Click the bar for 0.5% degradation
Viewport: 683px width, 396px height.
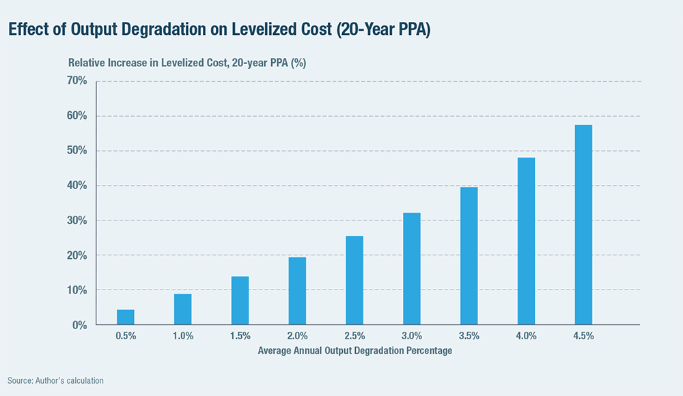coord(125,317)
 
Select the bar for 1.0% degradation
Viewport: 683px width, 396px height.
coord(182,309)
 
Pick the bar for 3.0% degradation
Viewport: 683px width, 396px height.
coord(411,269)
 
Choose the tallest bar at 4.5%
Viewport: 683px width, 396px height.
coord(583,225)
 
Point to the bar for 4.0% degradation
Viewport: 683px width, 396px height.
coord(526,241)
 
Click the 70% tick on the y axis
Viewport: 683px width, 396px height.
coord(76,81)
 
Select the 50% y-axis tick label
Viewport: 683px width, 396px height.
coord(76,151)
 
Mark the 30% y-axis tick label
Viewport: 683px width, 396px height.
coord(76,221)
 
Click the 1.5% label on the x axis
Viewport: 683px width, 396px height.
coord(240,336)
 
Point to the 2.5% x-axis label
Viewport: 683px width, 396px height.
coord(354,336)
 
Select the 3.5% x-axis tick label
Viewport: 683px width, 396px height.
coord(469,336)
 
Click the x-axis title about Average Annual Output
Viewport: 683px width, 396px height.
coord(355,351)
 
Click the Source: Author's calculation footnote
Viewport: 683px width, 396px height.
coord(56,380)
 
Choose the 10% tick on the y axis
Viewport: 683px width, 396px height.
coord(76,290)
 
